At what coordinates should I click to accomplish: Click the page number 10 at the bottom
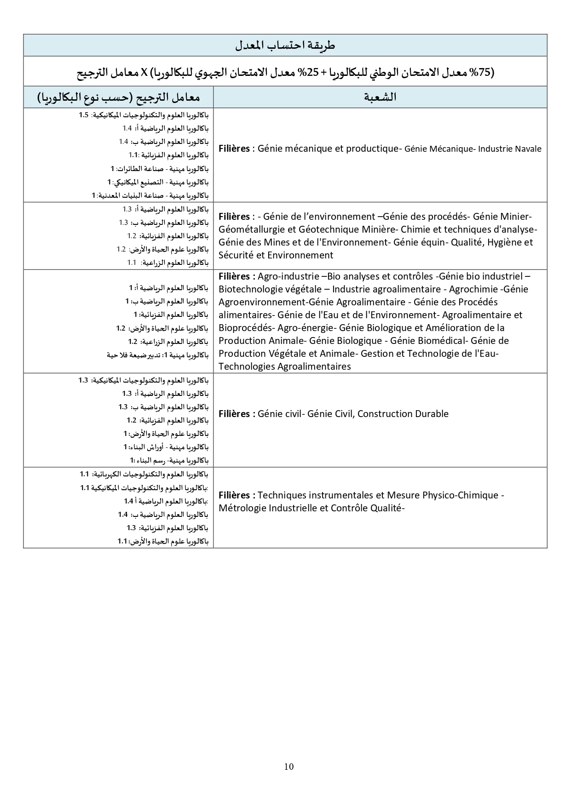coord(289,766)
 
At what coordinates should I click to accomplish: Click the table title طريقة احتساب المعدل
coord(285,45)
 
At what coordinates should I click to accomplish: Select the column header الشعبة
coord(380,97)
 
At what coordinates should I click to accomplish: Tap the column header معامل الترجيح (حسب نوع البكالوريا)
coord(119,97)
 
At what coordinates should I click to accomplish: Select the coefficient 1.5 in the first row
coord(83,115)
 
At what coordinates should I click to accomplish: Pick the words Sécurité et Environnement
coord(276,255)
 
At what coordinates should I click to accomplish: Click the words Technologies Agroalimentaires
coord(284,366)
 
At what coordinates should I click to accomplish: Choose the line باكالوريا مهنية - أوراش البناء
coord(166,447)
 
